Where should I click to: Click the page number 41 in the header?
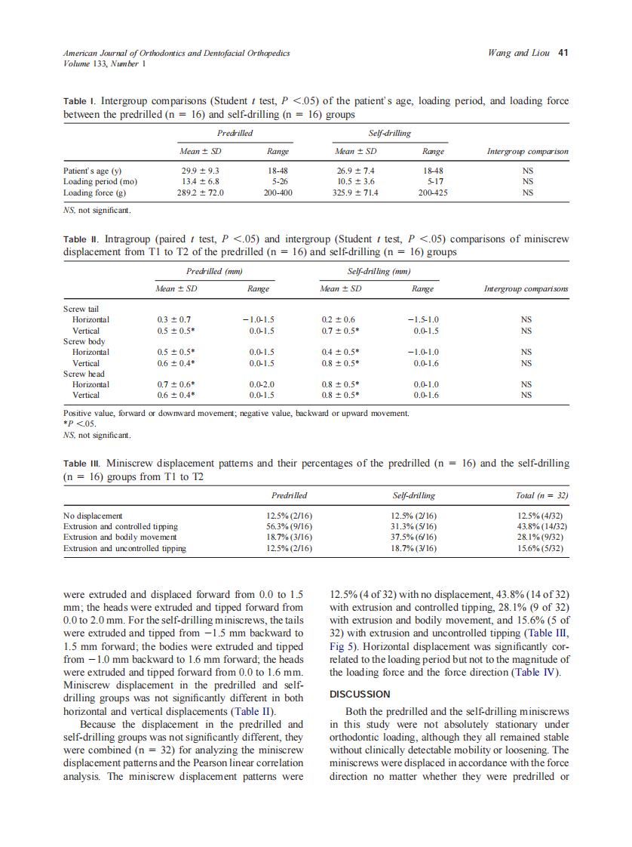click(x=563, y=53)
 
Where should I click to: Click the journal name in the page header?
click(x=176, y=53)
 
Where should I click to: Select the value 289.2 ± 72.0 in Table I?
click(x=198, y=192)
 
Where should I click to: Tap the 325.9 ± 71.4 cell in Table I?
click(x=357, y=192)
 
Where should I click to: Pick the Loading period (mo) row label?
click(x=100, y=182)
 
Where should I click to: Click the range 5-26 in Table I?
click(x=279, y=182)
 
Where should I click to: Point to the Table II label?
click(x=82, y=239)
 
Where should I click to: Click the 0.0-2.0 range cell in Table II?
click(x=261, y=384)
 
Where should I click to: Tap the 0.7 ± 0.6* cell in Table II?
click(x=176, y=384)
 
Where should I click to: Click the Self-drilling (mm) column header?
click(x=378, y=270)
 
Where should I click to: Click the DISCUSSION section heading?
click(x=360, y=694)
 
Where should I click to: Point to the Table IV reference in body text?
click(x=535, y=673)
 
